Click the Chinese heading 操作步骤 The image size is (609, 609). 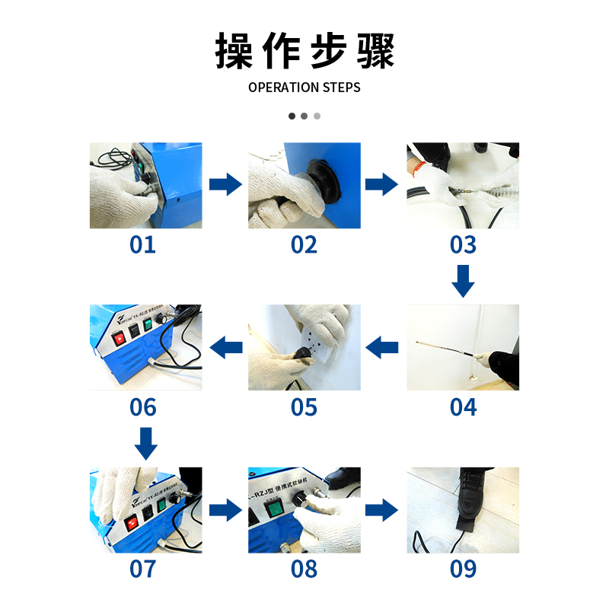tap(304, 51)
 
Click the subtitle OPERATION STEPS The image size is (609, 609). tap(304, 88)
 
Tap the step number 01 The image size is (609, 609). tap(143, 245)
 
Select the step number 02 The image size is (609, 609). tap(304, 245)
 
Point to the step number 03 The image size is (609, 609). tap(463, 245)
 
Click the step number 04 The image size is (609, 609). tap(463, 407)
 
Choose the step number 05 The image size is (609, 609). tap(304, 407)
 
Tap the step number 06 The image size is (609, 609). tap(143, 407)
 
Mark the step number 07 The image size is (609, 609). tap(143, 569)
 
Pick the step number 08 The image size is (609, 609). tap(304, 569)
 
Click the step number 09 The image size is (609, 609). tap(463, 569)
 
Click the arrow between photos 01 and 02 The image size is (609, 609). tap(225, 184)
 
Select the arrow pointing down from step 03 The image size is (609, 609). tap(463, 281)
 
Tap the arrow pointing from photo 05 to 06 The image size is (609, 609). tap(225, 349)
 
